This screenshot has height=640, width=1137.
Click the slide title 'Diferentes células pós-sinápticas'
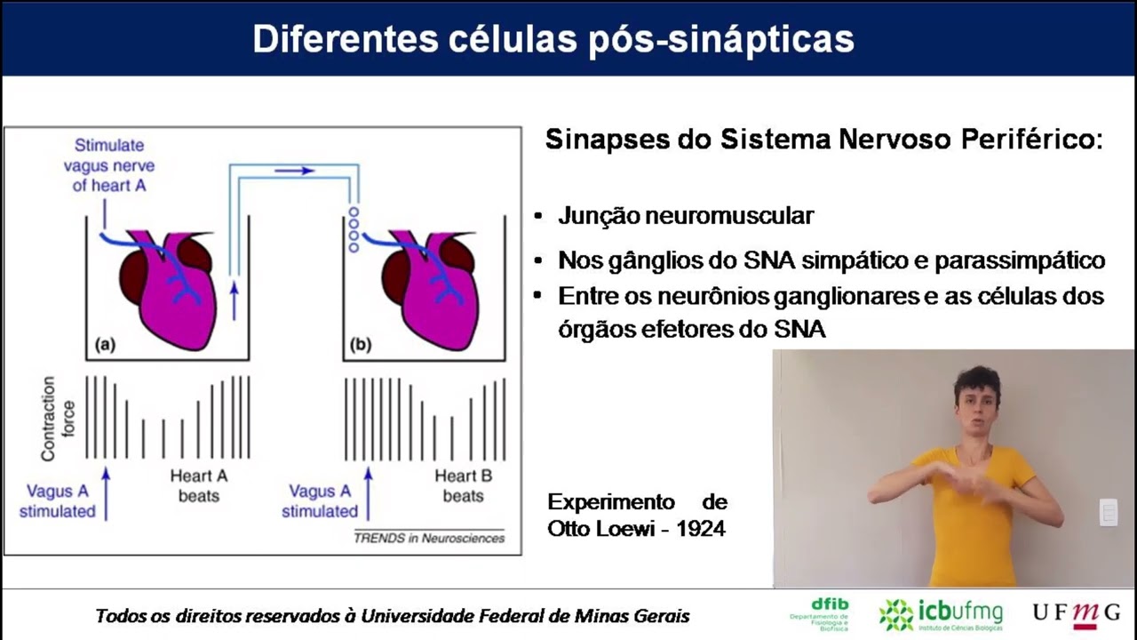coord(553,39)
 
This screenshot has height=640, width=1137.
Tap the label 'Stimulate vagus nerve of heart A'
coord(109,165)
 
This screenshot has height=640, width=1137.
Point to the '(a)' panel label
coord(105,346)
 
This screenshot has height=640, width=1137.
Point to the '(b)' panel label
coord(361,346)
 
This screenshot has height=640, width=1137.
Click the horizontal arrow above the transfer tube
coord(294,170)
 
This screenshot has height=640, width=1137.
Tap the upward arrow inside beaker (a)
coord(235,299)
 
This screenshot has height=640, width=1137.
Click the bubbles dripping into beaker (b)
coord(354,229)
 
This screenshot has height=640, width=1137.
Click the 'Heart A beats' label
coord(199,485)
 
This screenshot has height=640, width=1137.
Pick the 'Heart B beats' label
coord(463,485)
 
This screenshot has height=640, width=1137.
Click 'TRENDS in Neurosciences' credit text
coord(429,538)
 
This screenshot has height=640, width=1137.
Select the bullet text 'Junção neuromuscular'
coord(686,216)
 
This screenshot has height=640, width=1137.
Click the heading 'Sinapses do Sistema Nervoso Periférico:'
coord(823,140)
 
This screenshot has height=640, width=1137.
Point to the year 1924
coord(701,529)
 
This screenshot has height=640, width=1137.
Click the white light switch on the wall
coord(1108,512)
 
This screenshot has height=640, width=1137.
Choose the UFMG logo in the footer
coord(1076,613)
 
